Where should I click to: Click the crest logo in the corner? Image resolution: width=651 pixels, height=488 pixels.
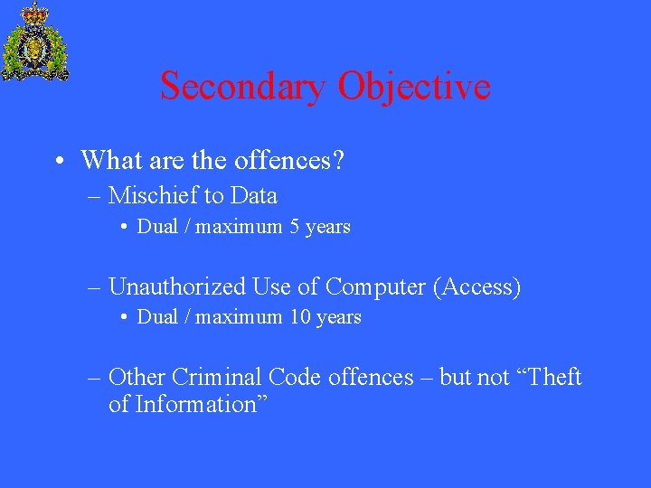click(x=34, y=42)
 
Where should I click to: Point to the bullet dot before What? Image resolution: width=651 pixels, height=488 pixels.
click(x=58, y=162)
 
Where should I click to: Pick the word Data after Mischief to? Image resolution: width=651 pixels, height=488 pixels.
click(x=254, y=195)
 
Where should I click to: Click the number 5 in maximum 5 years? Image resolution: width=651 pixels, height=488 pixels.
click(x=295, y=227)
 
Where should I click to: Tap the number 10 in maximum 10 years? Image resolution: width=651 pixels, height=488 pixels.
click(x=300, y=317)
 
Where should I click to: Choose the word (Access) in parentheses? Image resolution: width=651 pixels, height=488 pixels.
click(x=477, y=287)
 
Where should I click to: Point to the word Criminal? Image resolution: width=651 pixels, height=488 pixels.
click(x=216, y=377)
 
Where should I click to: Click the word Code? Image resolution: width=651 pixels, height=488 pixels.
click(x=295, y=377)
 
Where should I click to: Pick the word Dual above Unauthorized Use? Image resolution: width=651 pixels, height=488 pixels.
click(x=157, y=227)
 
